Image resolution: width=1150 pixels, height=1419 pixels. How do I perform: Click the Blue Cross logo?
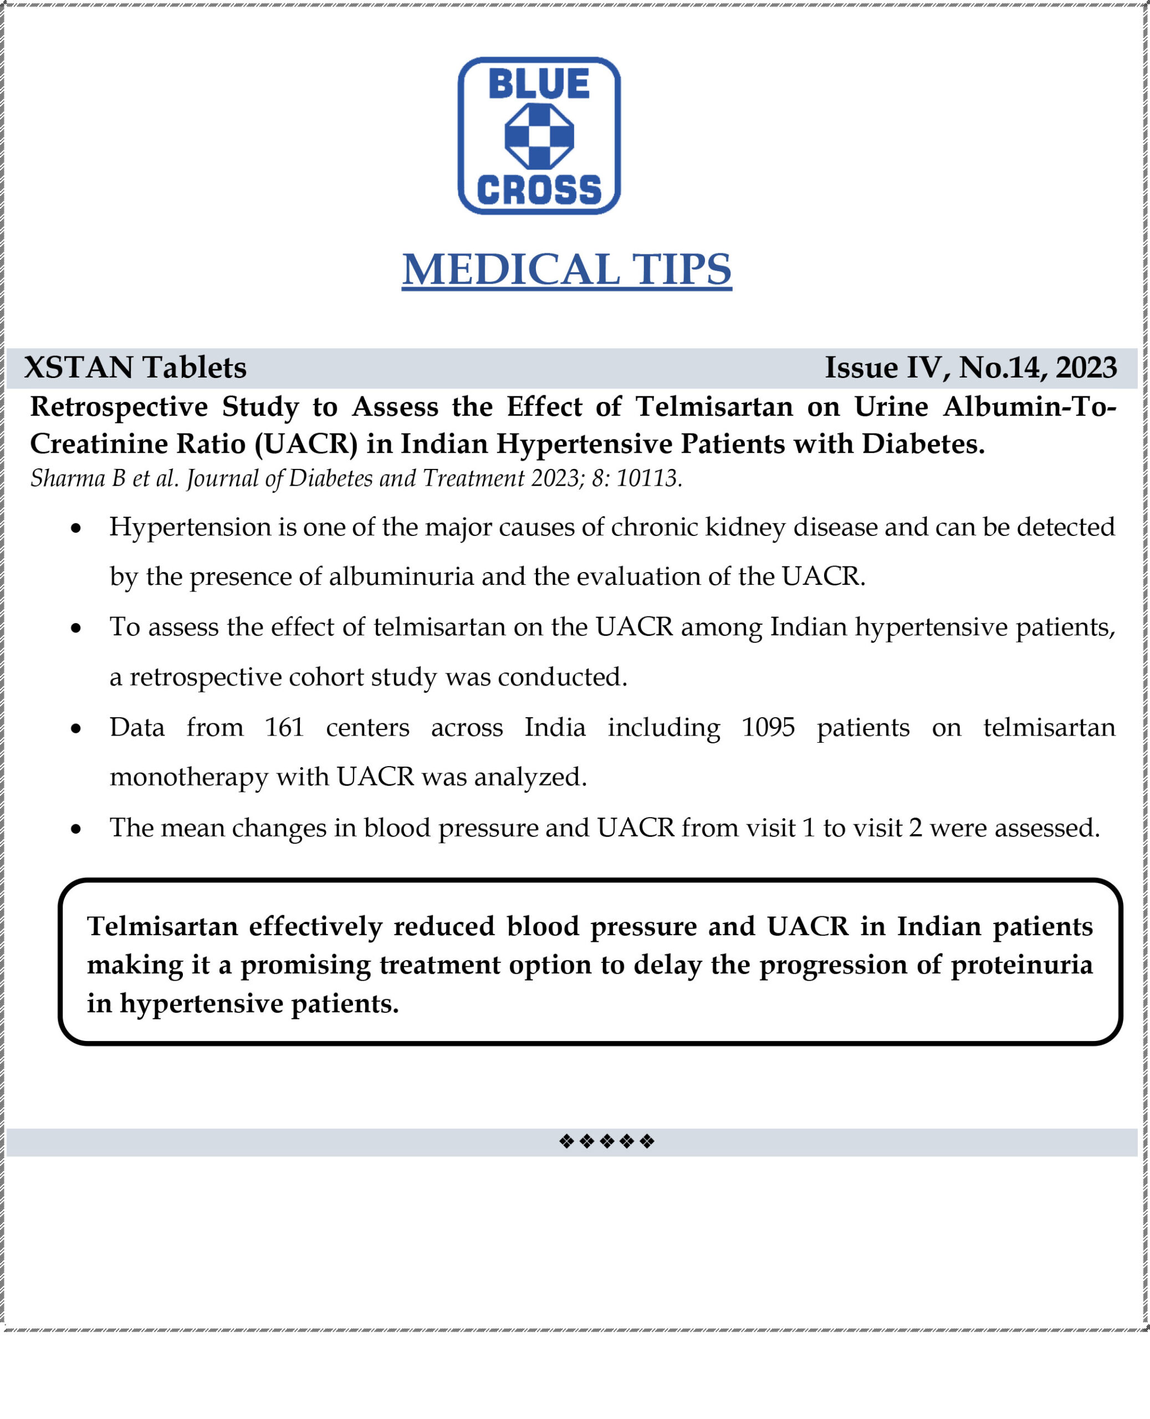[x=539, y=136]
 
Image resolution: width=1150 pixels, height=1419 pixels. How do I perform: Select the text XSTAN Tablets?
[x=135, y=367]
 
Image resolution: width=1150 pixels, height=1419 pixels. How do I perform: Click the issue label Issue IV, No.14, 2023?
[x=970, y=367]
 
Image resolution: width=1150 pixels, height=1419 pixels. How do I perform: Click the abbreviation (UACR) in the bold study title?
[x=306, y=444]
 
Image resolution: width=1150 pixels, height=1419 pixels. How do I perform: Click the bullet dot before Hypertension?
[x=76, y=529]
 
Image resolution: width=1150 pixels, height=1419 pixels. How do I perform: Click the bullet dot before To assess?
[x=76, y=628]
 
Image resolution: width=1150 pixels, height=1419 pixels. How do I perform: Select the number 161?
[x=284, y=727]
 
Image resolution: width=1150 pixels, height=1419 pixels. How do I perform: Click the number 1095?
[x=768, y=727]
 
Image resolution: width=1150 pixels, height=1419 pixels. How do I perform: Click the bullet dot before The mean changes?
[x=76, y=829]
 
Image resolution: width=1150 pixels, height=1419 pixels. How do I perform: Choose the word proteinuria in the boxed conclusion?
[x=1021, y=964]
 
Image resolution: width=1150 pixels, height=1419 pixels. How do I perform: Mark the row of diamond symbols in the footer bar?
[x=606, y=1141]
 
